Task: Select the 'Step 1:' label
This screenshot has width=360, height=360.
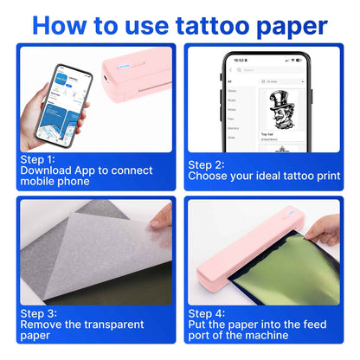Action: pyautogui.click(x=36, y=159)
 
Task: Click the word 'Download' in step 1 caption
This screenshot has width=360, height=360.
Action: pyautogui.click(x=48, y=170)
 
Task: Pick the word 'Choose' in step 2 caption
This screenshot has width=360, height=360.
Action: pyautogui.click(x=212, y=177)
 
